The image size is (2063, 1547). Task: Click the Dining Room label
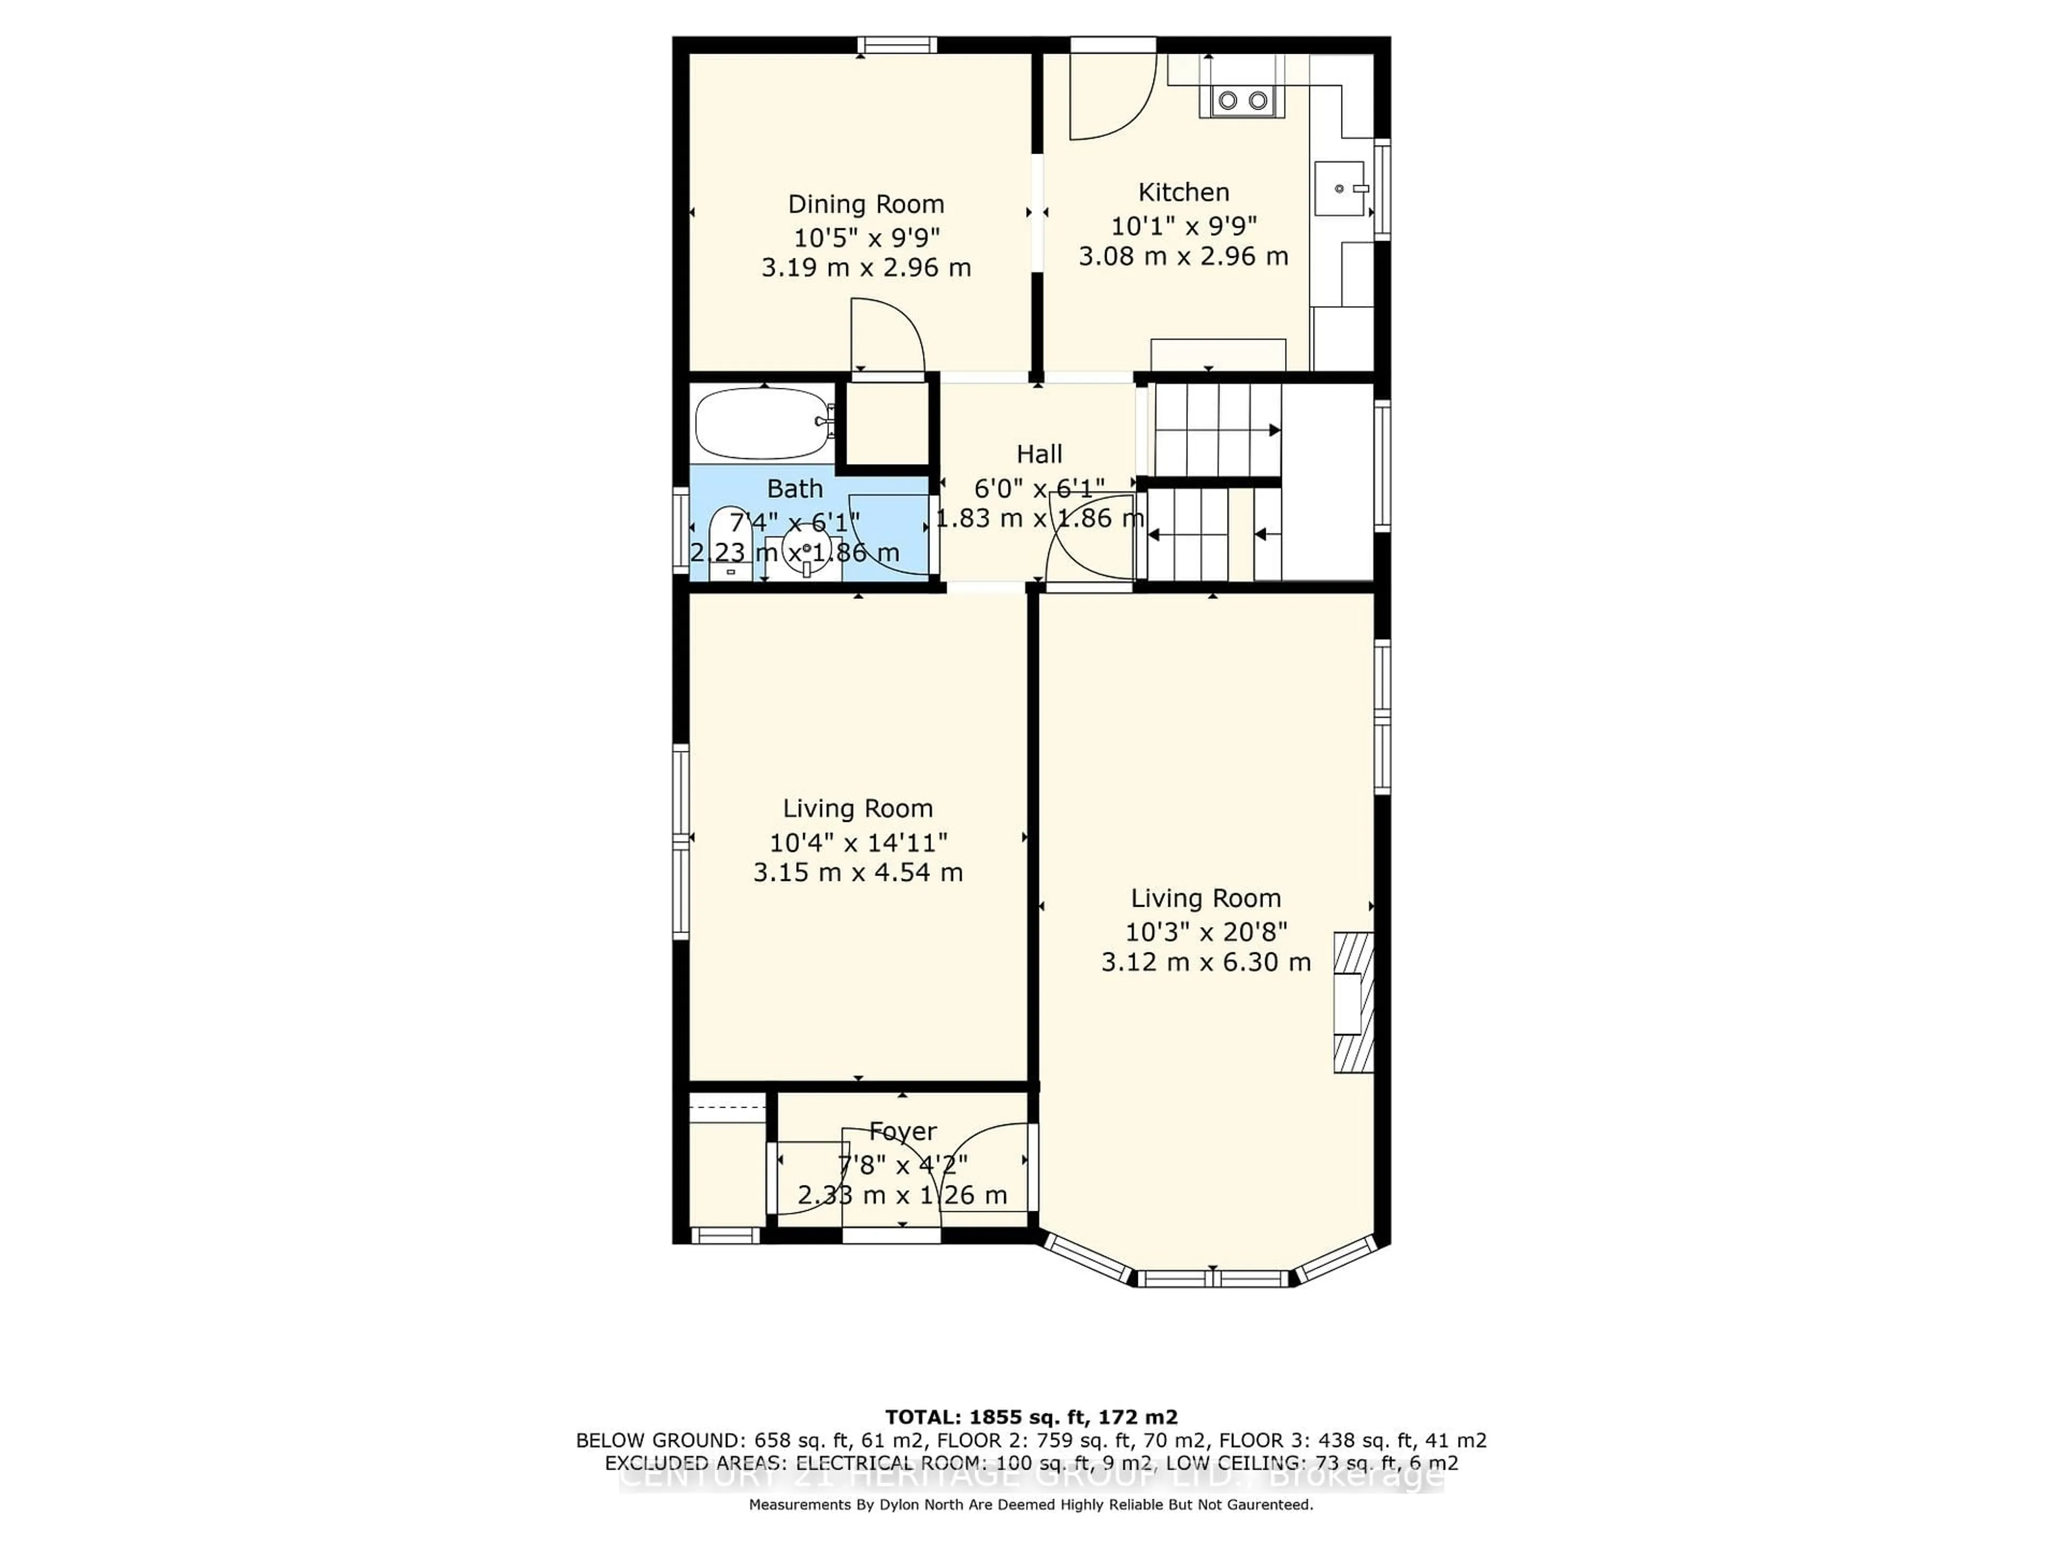click(865, 204)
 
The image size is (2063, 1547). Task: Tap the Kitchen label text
click(1184, 192)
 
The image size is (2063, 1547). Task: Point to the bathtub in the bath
click(763, 423)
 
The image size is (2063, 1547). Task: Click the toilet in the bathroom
click(730, 546)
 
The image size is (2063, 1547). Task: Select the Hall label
click(1039, 454)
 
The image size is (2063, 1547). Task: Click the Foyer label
click(902, 1131)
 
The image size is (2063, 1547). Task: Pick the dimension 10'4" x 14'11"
click(858, 842)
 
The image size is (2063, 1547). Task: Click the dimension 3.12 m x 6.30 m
click(1206, 962)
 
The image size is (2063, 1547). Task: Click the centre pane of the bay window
click(1213, 1278)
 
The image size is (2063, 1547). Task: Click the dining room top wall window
click(897, 45)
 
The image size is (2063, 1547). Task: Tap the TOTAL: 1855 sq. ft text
click(1030, 1418)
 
